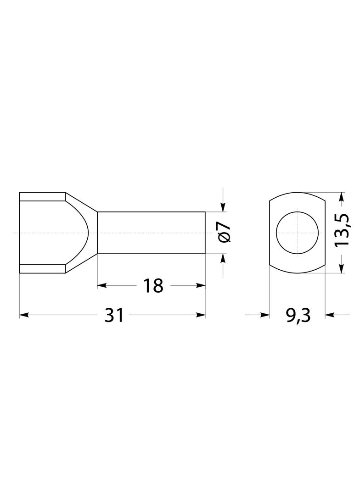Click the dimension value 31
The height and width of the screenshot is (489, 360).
click(x=114, y=315)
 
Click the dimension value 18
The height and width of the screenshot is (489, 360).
click(x=153, y=286)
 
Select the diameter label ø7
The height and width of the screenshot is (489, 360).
click(x=224, y=233)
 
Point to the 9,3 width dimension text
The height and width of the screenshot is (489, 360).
click(x=298, y=316)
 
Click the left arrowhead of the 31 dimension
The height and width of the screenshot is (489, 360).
click(x=24, y=315)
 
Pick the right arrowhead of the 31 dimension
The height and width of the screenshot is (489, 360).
click(x=201, y=315)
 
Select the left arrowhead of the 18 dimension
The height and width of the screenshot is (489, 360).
click(x=102, y=285)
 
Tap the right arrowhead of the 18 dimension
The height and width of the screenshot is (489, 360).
click(x=201, y=285)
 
